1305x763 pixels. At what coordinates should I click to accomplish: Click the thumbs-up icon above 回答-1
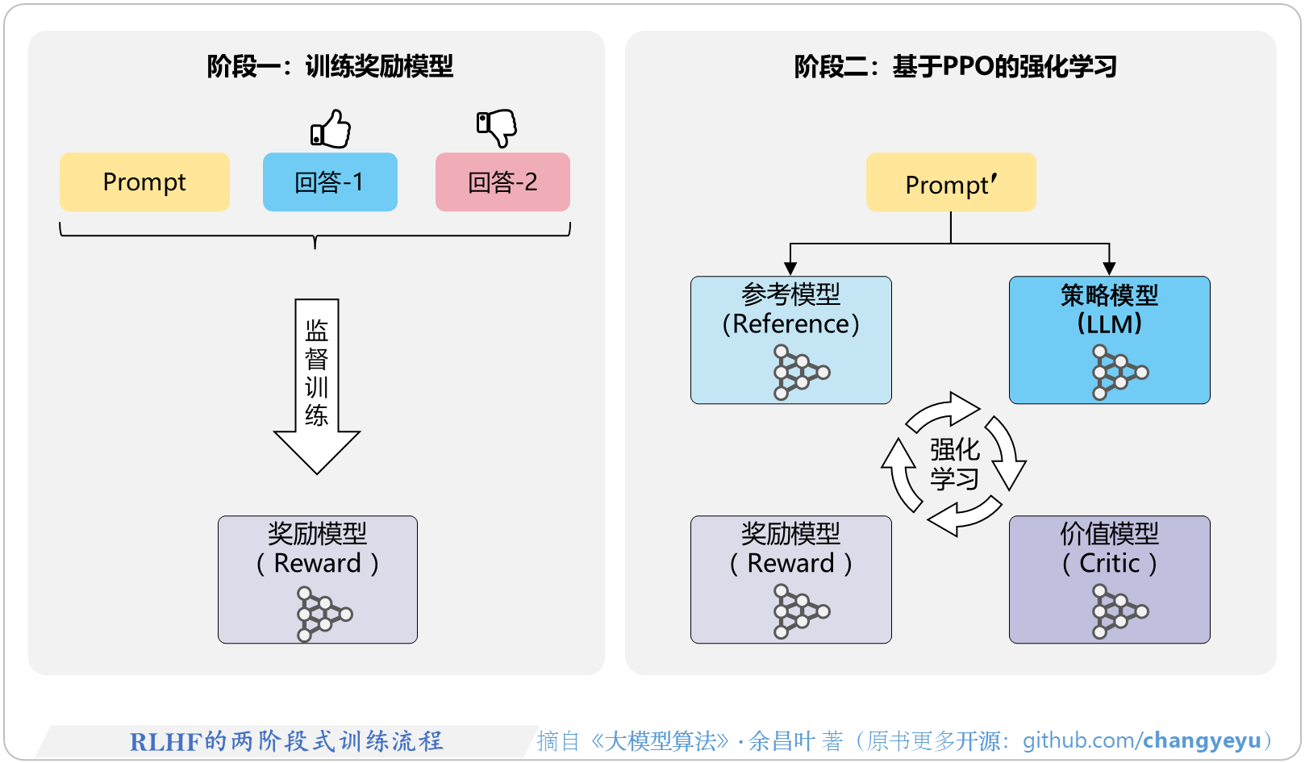point(331,129)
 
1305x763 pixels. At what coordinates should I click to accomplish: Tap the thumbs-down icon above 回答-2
point(496,127)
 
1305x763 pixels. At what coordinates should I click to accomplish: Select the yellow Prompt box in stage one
point(144,182)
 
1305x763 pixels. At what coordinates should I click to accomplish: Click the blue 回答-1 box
point(330,182)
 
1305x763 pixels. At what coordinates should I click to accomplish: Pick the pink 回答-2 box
point(502,182)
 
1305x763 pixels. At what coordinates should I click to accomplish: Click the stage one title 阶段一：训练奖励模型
point(330,66)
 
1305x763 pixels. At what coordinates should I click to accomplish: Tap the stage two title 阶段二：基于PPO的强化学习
point(955,66)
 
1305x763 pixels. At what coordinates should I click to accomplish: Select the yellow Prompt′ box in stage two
point(951,182)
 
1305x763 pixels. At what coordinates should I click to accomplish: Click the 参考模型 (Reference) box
point(790,340)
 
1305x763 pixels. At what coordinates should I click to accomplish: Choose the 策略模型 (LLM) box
point(1109,340)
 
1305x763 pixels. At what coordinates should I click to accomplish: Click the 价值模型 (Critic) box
point(1109,579)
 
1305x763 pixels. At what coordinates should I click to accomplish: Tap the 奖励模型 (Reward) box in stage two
point(790,579)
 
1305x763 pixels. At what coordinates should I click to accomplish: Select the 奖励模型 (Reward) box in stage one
point(317,579)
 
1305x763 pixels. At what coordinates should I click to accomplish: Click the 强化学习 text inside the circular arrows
point(955,464)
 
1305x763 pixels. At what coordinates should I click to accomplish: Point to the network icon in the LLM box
point(1119,372)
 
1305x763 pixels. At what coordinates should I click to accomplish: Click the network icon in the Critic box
point(1119,611)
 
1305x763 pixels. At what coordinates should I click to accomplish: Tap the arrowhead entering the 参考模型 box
point(790,269)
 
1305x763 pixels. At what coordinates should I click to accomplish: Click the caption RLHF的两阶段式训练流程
point(286,741)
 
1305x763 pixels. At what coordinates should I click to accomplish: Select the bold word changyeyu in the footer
point(1202,740)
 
